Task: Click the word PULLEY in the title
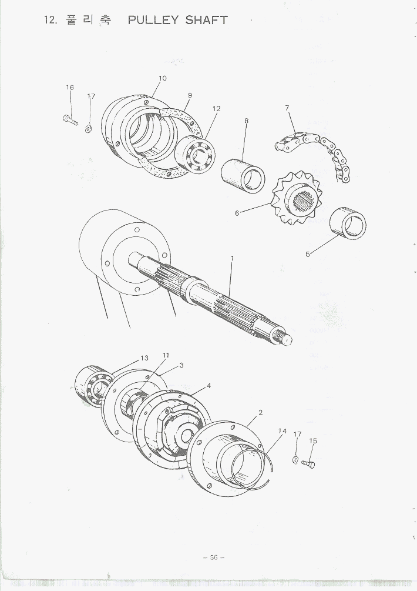(x=153, y=21)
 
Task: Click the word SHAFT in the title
(x=207, y=21)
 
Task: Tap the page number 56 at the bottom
(x=214, y=557)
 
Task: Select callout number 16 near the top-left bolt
(x=70, y=88)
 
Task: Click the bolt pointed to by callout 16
(x=70, y=120)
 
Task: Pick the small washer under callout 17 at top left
(x=89, y=129)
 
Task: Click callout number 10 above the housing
(x=163, y=78)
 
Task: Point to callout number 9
(x=190, y=95)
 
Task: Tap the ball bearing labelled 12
(x=194, y=155)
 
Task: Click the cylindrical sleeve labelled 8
(x=243, y=176)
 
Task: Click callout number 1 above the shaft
(x=232, y=258)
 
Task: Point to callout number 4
(x=208, y=386)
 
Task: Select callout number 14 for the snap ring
(x=283, y=431)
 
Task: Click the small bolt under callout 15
(x=308, y=464)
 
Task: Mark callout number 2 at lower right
(x=260, y=412)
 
